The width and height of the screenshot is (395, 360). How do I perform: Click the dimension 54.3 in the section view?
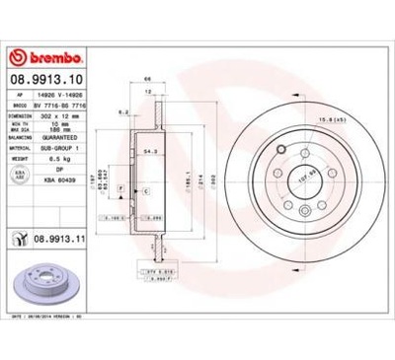pyautogui.click(x=150, y=152)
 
